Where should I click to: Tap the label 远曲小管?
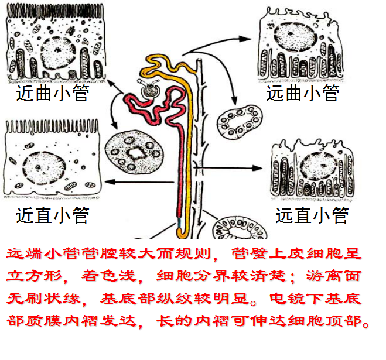[303, 93]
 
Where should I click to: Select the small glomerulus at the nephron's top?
[149, 90]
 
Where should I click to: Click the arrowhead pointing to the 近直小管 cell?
[111, 183]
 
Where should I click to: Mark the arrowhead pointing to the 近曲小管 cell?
[110, 85]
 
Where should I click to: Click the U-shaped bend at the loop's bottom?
[182, 229]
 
